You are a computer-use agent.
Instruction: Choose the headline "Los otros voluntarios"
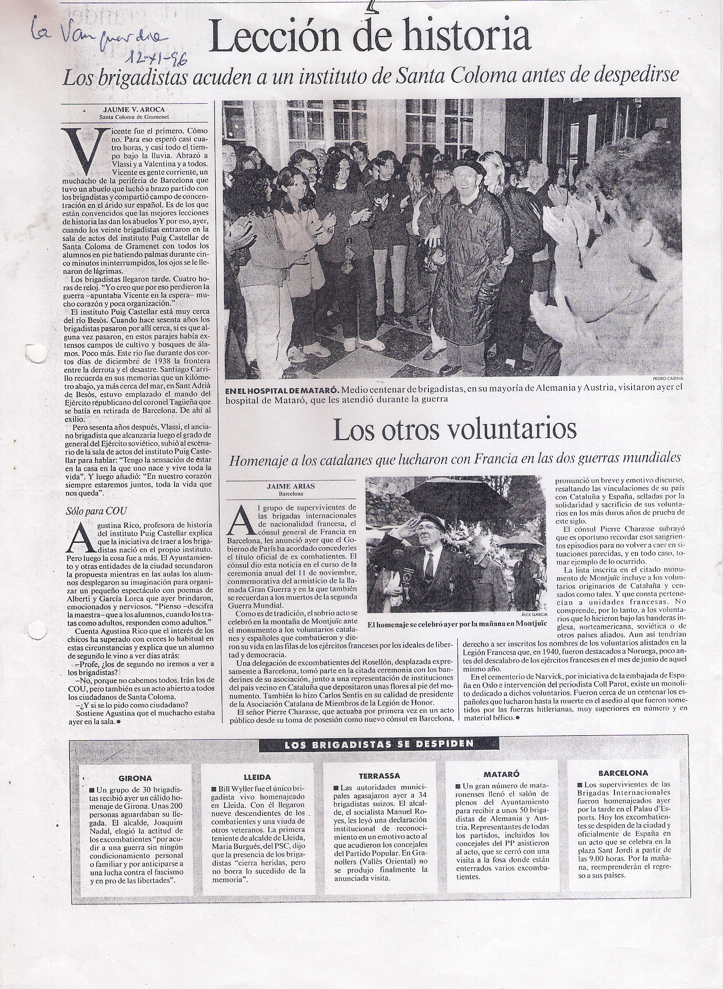[x=454, y=430]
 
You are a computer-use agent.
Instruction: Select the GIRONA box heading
[x=135, y=778]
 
